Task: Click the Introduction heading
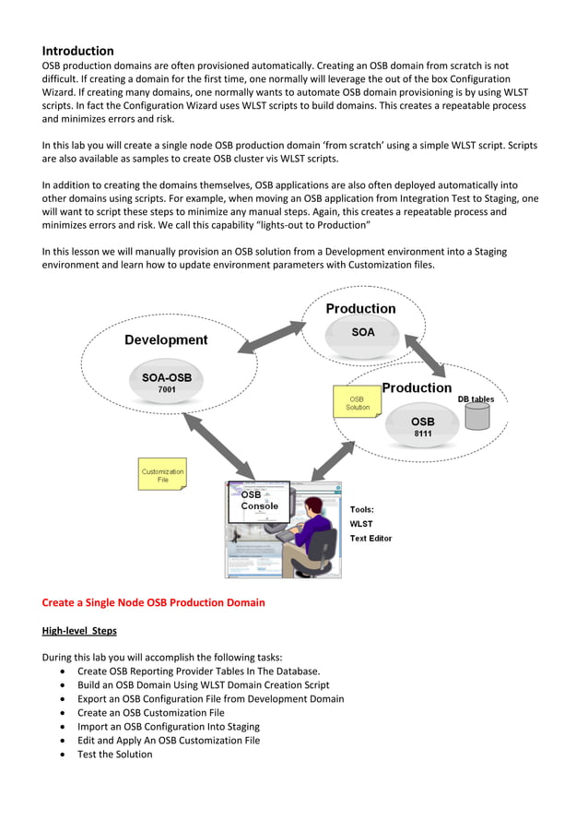coord(78,51)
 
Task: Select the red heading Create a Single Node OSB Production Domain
coord(153,602)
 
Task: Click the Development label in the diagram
coord(166,339)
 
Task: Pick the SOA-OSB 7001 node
coord(167,383)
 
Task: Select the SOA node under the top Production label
coord(363,332)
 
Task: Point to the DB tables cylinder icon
coord(477,416)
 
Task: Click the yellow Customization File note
coord(162,476)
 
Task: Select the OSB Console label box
coord(259,499)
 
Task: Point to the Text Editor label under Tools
coord(370,539)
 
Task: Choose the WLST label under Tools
coord(361,524)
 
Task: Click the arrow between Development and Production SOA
coord(272,337)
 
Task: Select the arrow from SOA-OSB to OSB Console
coord(218,447)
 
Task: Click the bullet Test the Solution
coord(115,754)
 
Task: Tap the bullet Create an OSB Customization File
coord(150,712)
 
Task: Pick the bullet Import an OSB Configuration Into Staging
coord(169,726)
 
